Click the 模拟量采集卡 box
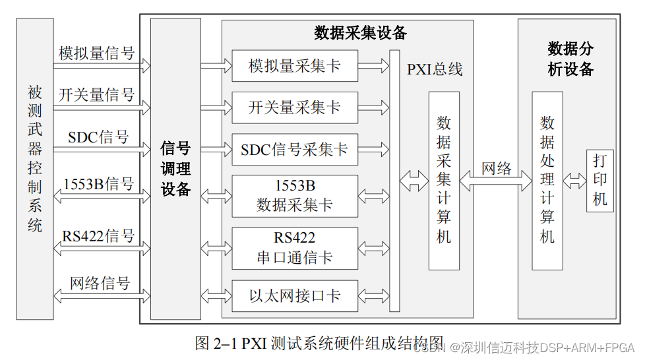295,66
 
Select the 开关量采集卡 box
295,108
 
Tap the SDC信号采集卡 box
295,150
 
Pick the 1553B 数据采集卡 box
295,195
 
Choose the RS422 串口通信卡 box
295,248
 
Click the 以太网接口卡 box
295,296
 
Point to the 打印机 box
599,180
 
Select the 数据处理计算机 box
547,180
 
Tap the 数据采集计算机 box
444,180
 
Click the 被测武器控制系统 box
35,168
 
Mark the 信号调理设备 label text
175,168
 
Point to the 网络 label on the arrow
497,168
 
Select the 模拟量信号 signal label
96,53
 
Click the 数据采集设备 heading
360,32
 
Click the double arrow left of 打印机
574,180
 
